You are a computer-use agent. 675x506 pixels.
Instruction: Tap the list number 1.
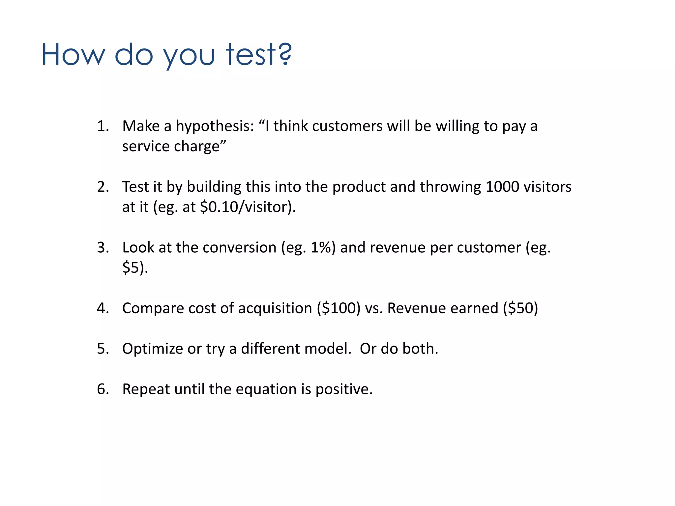point(103,126)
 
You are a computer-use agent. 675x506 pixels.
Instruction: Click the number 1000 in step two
point(502,187)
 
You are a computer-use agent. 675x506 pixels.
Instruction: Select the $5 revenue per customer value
point(131,267)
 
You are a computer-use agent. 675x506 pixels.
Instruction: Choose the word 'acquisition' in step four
point(275,308)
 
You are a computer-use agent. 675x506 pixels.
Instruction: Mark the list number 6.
point(103,389)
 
